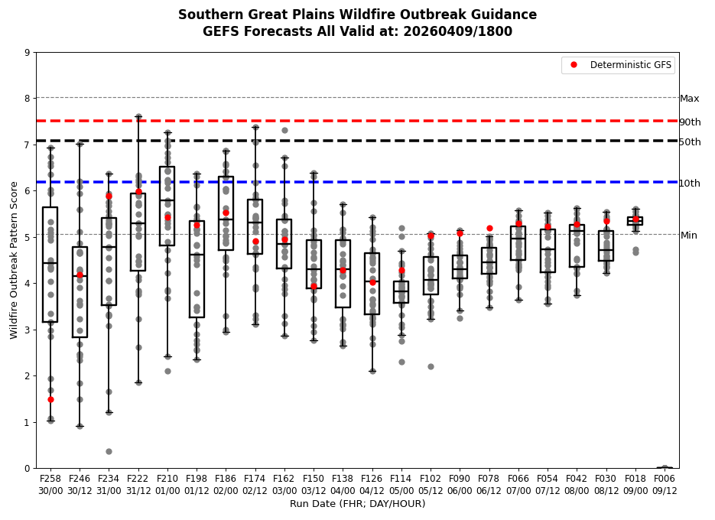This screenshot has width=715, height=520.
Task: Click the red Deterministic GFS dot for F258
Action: point(50,399)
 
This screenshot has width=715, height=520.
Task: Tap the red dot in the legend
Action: point(573,65)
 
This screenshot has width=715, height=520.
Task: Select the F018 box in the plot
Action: point(635,220)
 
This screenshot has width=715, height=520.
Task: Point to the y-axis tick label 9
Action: point(28,53)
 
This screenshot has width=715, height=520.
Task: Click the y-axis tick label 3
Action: point(28,330)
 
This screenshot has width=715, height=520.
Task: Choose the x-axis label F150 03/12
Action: point(314,483)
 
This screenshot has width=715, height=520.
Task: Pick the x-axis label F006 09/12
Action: point(665,483)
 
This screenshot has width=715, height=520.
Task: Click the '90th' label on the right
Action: point(690,122)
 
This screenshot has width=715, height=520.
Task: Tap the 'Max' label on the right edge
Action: point(689,99)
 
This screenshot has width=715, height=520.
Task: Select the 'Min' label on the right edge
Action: point(688,236)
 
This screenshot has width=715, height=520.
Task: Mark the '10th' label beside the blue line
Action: point(690,184)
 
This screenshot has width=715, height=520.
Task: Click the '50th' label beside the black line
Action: point(690,142)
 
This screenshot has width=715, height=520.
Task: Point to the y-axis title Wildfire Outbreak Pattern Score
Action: point(14,260)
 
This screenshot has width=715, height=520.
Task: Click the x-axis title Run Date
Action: point(357,504)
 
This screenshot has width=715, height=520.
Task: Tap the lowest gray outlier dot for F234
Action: point(109,451)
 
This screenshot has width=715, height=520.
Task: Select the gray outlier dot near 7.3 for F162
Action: point(284,130)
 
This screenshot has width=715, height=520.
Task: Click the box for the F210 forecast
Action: point(167,206)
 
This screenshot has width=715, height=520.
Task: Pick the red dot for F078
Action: point(489,228)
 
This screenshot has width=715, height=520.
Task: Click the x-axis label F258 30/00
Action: point(50,483)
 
